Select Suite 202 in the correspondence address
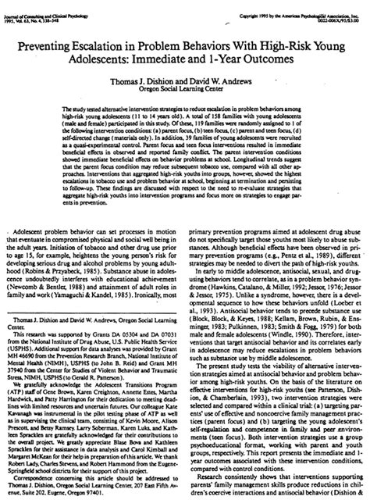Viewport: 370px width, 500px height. point(37,491)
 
